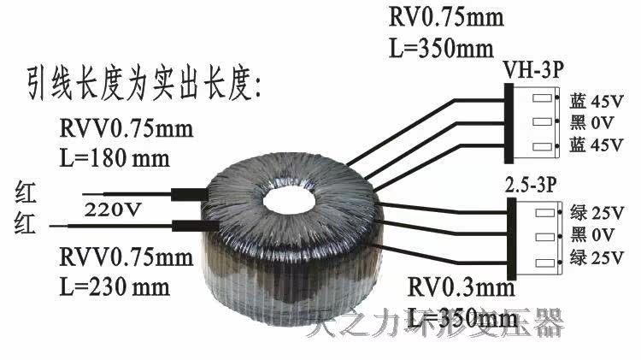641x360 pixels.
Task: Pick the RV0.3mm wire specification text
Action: (x=461, y=285)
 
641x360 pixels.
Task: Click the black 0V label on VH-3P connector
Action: (x=590, y=123)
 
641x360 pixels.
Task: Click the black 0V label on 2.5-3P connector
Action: (x=590, y=233)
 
